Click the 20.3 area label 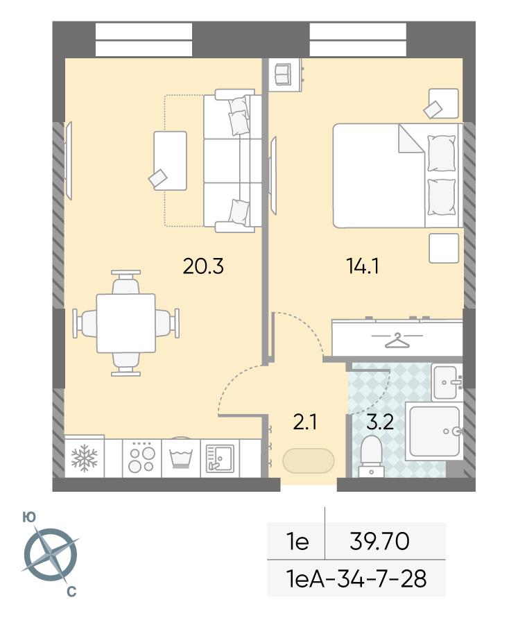tap(203, 266)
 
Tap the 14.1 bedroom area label tap(363, 266)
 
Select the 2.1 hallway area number tap(305, 422)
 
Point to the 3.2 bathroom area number tap(380, 422)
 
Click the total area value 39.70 tap(379, 541)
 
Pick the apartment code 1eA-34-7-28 tap(357, 578)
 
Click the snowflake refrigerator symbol tap(85, 458)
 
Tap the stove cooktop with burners tap(141, 458)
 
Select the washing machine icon tap(181, 458)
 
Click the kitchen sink tap(220, 458)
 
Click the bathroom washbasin tap(447, 382)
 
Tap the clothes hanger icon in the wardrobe tap(397, 341)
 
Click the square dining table tap(126, 323)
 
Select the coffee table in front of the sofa tap(171, 161)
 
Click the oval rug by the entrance tap(309, 461)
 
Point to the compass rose tap(51, 555)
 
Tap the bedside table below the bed tap(444, 248)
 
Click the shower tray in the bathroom tap(434, 431)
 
